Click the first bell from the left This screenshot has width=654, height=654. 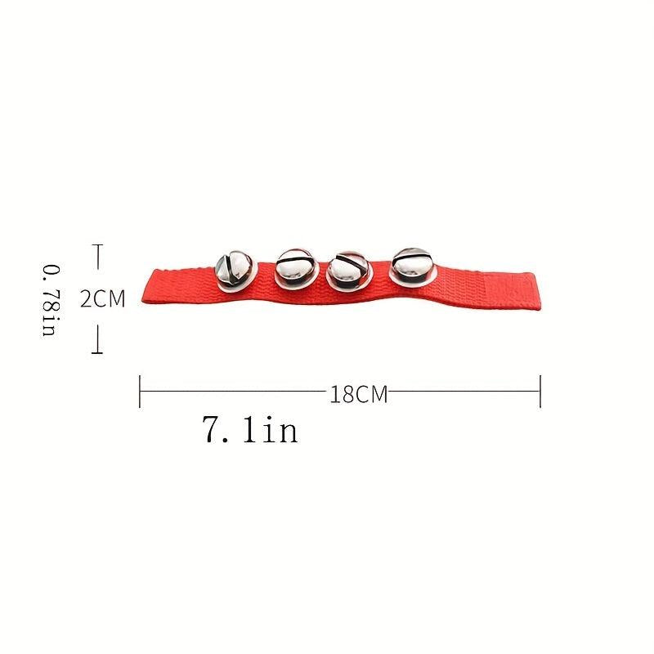click(234, 270)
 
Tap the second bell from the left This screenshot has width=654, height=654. click(297, 269)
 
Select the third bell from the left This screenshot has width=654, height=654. click(349, 271)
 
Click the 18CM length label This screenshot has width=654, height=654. click(359, 394)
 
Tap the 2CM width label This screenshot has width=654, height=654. click(103, 298)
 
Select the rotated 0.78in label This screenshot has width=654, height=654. click(52, 300)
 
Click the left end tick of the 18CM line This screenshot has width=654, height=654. click(140, 392)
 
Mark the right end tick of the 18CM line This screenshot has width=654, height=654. click(540, 392)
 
